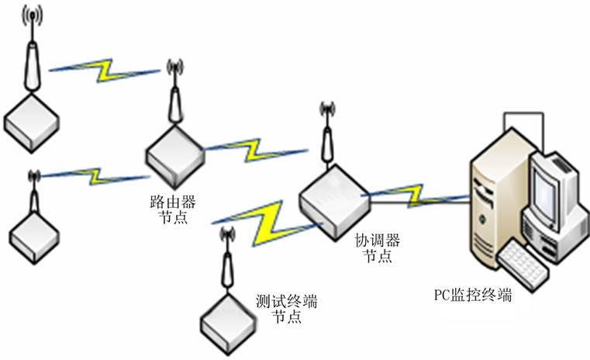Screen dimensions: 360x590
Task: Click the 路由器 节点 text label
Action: [171, 209]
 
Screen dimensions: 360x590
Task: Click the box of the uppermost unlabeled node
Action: [31, 119]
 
